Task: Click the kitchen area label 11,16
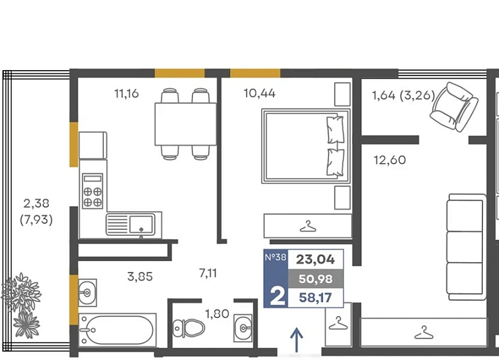[x=126, y=94]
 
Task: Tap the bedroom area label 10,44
[x=260, y=93]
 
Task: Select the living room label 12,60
[x=390, y=160]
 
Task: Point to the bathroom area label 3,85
[x=140, y=276]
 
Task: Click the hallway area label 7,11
[x=208, y=273]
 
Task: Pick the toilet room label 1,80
[x=217, y=314]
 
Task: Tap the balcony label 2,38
[x=36, y=203]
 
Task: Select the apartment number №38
[x=276, y=257]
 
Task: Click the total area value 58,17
[x=316, y=298]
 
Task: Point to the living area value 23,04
[x=316, y=260]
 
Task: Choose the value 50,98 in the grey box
[x=316, y=279]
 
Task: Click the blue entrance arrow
[x=297, y=340]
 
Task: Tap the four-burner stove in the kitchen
[x=92, y=191]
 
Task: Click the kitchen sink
[x=131, y=224]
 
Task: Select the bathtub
[x=117, y=330]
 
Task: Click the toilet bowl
[x=189, y=328]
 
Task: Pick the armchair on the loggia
[x=454, y=107]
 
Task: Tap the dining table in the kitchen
[x=185, y=124]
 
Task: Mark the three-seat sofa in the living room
[x=466, y=247]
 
